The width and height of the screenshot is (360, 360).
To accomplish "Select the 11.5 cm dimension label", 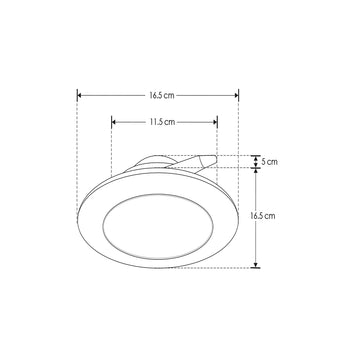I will coord(164,121).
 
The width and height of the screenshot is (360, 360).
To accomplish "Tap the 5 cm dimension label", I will coord(270,161).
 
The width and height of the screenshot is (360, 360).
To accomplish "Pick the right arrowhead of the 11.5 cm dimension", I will coord(215,121).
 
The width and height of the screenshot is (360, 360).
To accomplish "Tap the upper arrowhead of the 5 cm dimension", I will coord(256,156).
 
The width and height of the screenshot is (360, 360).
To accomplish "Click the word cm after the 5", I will coord(274,161).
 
